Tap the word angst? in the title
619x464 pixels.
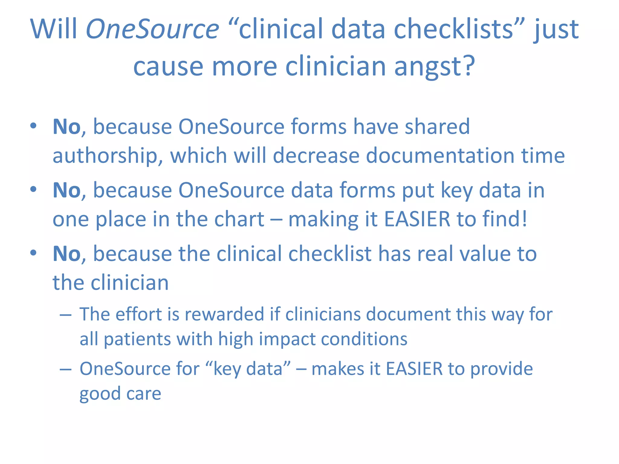pos(435,67)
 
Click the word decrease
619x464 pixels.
pos(316,155)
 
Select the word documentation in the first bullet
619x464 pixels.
pos(440,155)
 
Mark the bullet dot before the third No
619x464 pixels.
pos(33,253)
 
